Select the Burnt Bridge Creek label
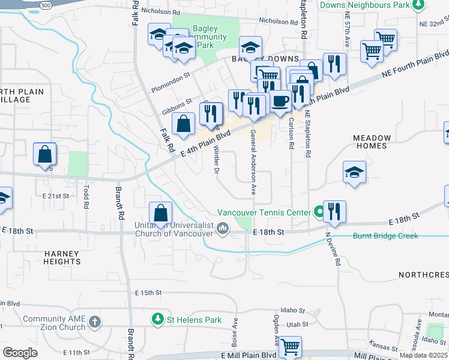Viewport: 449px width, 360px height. coord(385,236)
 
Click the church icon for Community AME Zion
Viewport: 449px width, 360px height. coord(94,322)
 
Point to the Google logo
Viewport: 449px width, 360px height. coord(20,353)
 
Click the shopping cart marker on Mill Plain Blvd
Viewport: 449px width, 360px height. coord(291,346)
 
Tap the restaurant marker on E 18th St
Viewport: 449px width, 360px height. coord(334,211)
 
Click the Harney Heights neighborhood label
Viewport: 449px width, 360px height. coord(62,257)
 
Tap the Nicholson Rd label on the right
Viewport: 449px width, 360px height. coord(279,21)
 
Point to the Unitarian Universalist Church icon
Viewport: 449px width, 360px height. coord(223,227)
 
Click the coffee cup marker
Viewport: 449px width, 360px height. coord(279,101)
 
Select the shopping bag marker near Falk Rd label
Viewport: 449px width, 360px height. coord(184,124)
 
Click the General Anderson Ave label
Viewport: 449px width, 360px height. coord(253,162)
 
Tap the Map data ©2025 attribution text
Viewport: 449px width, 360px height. coord(423,355)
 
